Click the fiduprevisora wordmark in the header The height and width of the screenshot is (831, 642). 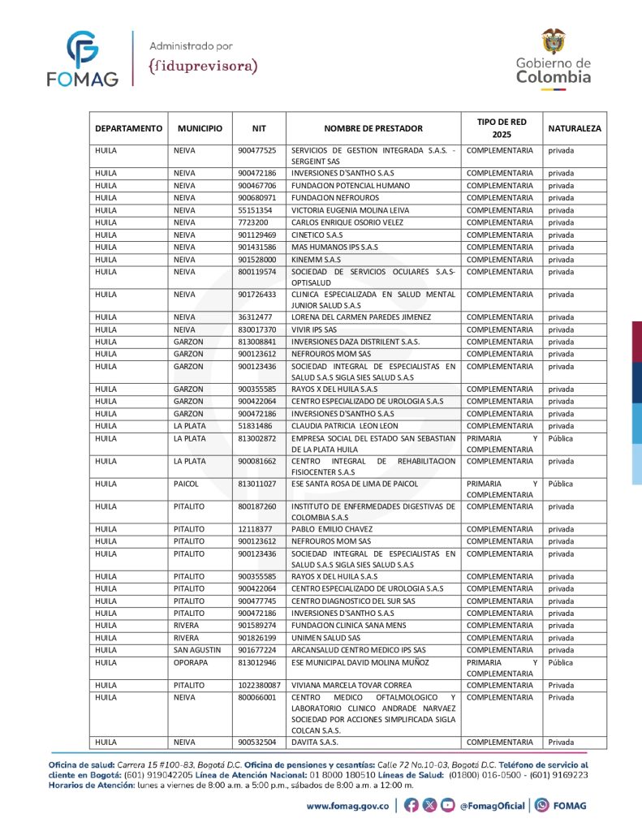[204, 65]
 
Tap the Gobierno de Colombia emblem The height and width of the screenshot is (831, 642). [554, 58]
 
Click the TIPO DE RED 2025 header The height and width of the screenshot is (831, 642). [502, 128]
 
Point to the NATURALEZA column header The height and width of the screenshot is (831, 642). [575, 128]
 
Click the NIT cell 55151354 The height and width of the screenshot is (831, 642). [255, 210]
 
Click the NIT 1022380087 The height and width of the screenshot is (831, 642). [259, 685]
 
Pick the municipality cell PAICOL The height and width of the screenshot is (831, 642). [185, 484]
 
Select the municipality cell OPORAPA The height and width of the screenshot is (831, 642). [191, 662]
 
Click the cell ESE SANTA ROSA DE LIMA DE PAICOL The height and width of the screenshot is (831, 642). [355, 484]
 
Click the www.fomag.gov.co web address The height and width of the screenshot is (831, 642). [349, 806]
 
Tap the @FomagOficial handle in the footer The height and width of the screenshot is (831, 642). [492, 806]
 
